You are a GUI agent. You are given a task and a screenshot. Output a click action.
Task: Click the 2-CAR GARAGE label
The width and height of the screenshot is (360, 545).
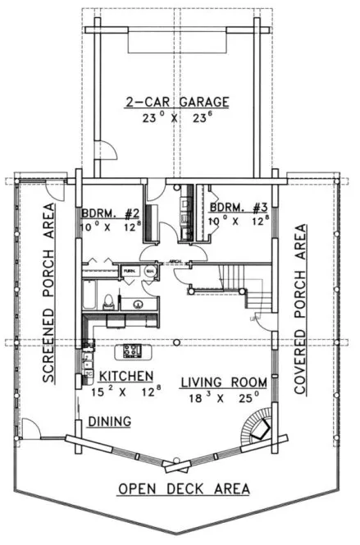[176, 103]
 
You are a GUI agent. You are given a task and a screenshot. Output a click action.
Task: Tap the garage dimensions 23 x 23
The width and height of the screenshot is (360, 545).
[176, 117]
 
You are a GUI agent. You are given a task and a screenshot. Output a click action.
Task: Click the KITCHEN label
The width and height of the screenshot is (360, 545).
[126, 376]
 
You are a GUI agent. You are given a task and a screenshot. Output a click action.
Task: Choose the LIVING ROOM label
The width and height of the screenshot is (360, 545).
[224, 382]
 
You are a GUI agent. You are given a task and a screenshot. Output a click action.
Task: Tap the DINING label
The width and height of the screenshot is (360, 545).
[110, 422]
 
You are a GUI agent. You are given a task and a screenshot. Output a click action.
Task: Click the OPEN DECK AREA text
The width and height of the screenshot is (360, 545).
[183, 488]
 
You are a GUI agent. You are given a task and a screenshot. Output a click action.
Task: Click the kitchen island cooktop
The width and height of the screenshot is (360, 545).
[131, 351]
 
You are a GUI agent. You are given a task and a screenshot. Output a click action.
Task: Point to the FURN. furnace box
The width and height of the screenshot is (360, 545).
[130, 270]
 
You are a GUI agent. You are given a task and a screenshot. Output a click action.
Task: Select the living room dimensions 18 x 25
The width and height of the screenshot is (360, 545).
[224, 397]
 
